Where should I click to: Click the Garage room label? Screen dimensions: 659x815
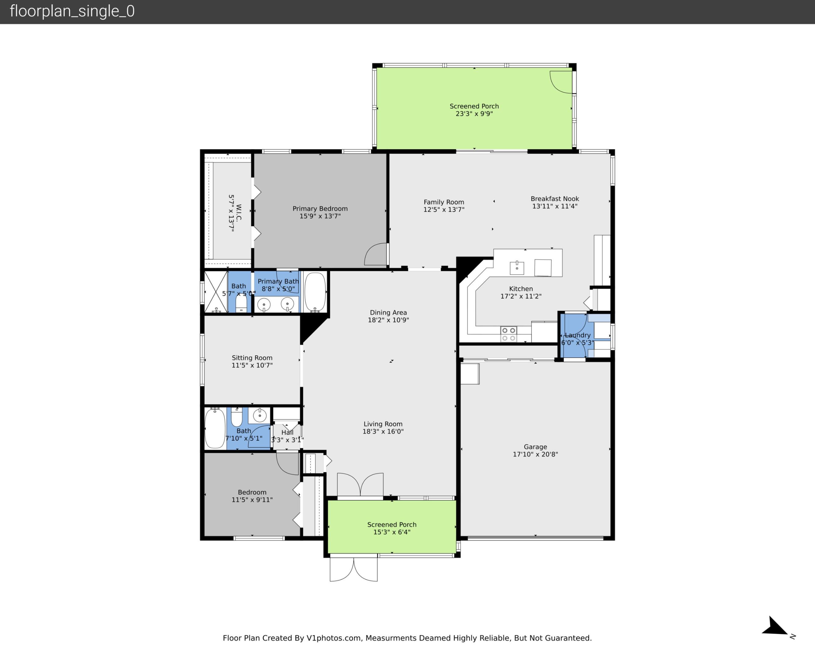point(535,447)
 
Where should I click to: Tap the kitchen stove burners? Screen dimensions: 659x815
point(508,334)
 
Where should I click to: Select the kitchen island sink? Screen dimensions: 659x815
point(517,268)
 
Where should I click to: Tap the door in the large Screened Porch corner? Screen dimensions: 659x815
point(562,82)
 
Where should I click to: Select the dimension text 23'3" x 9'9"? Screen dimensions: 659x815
point(474,113)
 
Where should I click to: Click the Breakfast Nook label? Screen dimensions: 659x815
point(554,199)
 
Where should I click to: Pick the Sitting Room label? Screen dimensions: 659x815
point(252,358)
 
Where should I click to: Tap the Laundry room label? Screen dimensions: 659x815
point(577,335)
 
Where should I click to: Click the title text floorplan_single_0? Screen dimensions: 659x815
point(72,11)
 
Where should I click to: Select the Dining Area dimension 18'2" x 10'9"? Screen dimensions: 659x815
point(388,320)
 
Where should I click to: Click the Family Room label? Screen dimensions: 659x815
point(443,202)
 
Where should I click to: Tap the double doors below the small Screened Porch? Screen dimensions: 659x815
point(354,569)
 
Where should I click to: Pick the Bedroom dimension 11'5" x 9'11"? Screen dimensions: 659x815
point(252,499)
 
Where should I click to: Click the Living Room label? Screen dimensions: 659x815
point(383,424)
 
